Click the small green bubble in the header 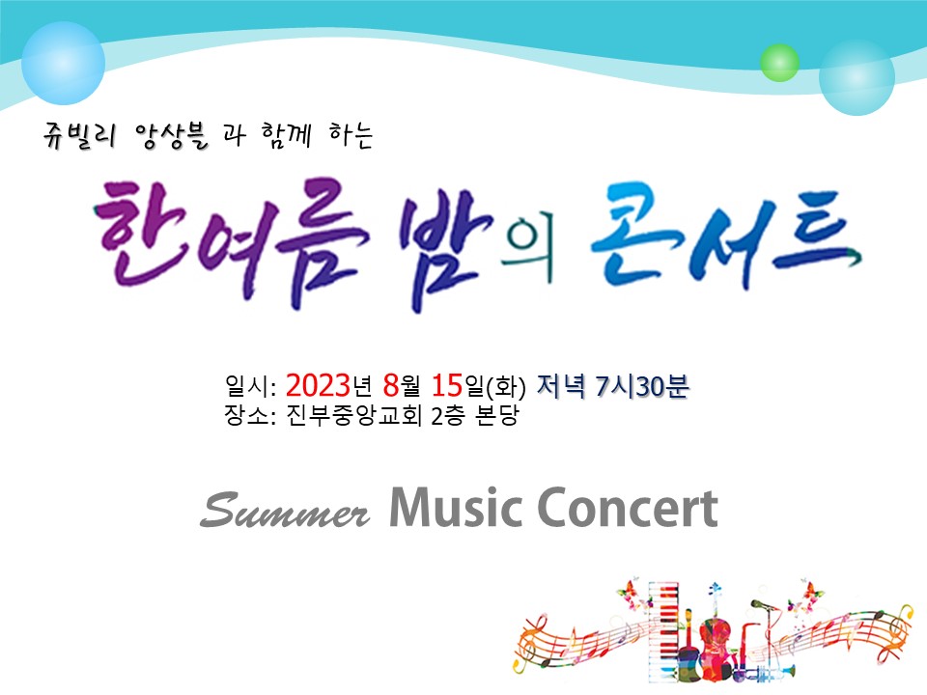[779, 63]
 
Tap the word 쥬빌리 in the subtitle [79, 136]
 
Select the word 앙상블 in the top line [171, 136]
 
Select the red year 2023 [318, 385]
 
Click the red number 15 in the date [447, 385]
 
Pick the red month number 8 [391, 385]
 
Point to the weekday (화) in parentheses [505, 387]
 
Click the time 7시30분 [642, 386]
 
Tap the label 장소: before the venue [250, 415]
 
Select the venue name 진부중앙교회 [353, 415]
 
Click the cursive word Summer [285, 510]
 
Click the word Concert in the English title [628, 507]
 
